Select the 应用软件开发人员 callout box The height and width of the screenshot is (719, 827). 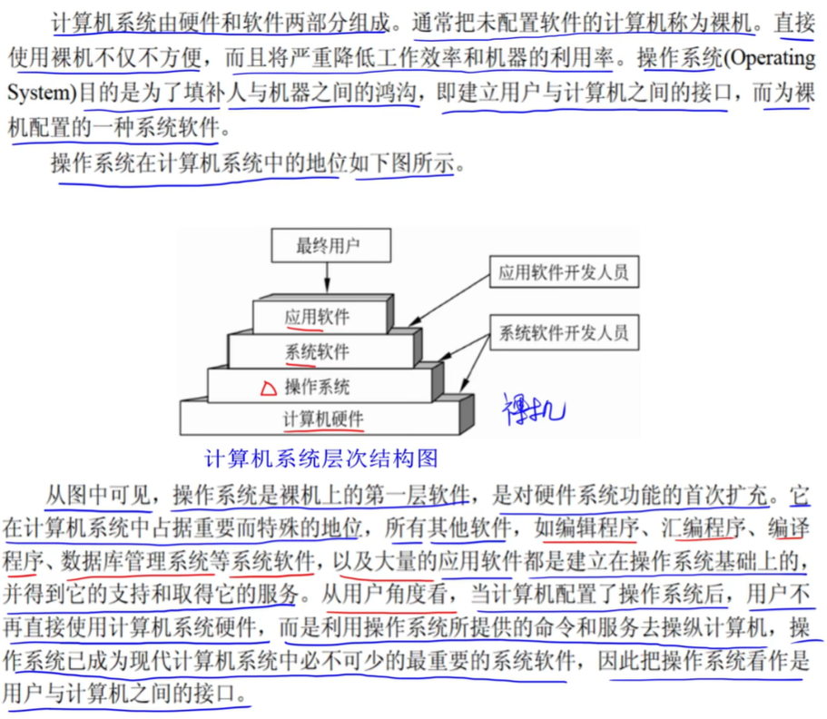pos(563,271)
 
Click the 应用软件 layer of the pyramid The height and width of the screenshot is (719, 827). pos(317,317)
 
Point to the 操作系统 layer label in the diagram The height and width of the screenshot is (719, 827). pos(317,386)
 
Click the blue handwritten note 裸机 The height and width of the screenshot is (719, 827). pos(533,409)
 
